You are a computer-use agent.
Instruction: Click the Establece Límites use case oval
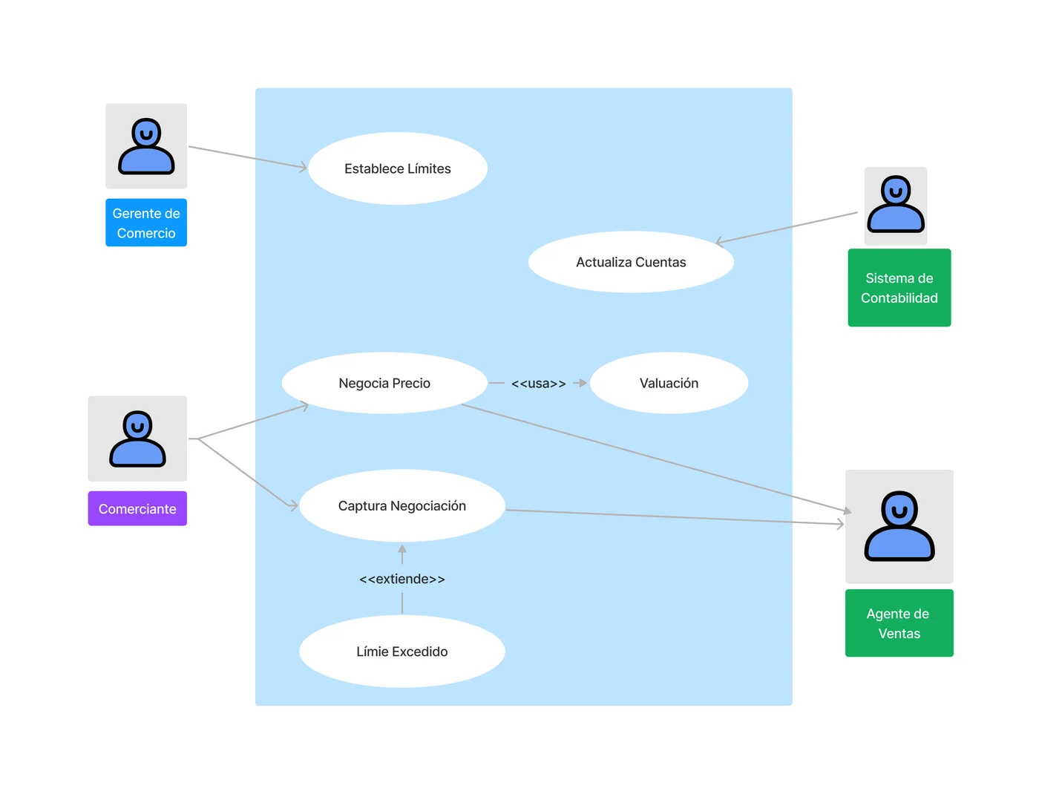pyautogui.click(x=398, y=168)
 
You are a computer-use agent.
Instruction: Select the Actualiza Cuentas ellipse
pyautogui.click(x=631, y=262)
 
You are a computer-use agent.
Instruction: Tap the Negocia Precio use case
pyautogui.click(x=384, y=383)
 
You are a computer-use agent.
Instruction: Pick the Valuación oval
pyautogui.click(x=669, y=383)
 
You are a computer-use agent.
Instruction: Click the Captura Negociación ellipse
pyautogui.click(x=401, y=505)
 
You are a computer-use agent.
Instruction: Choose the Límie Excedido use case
pyautogui.click(x=401, y=652)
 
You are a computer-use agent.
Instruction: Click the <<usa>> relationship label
pyautogui.click(x=538, y=384)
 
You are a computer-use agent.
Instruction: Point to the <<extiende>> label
pyautogui.click(x=401, y=579)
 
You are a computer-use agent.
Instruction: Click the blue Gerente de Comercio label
pyautogui.click(x=146, y=223)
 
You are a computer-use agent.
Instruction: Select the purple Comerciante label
pyautogui.click(x=137, y=509)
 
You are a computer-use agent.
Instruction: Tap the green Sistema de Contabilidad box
pyautogui.click(x=899, y=288)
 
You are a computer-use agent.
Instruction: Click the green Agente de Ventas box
pyautogui.click(x=899, y=623)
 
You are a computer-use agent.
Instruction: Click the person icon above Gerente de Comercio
pyautogui.click(x=146, y=146)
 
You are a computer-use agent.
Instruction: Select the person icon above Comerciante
pyautogui.click(x=137, y=439)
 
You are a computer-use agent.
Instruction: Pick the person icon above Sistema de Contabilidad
pyautogui.click(x=896, y=205)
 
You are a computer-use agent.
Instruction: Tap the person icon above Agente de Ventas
pyautogui.click(x=899, y=526)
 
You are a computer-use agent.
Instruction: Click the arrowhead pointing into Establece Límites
pyautogui.click(x=304, y=168)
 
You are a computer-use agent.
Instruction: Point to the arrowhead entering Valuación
pyautogui.click(x=583, y=383)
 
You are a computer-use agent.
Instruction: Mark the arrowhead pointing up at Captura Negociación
pyautogui.click(x=402, y=550)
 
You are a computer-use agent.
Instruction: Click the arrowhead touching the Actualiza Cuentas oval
pyautogui.click(x=719, y=241)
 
